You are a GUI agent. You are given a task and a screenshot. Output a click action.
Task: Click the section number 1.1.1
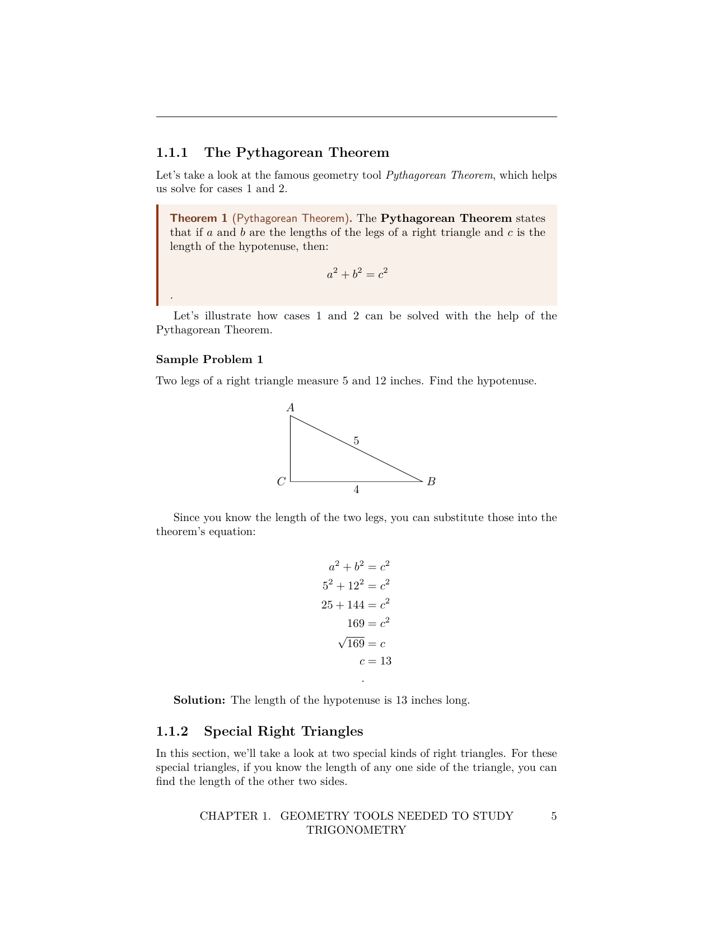172,152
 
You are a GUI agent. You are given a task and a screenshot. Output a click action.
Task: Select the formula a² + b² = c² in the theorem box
357,274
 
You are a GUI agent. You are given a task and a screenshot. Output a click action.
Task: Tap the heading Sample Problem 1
209,359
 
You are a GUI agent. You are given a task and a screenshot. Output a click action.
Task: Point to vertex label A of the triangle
291,407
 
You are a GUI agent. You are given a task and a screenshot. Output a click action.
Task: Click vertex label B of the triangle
431,481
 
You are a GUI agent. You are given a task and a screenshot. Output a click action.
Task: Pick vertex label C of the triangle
281,481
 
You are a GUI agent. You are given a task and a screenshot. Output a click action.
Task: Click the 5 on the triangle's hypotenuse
356,441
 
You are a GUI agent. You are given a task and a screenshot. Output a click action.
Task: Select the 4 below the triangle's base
356,490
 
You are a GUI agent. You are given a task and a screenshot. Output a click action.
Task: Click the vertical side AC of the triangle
291,448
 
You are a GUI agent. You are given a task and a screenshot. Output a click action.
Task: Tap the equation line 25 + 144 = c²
356,605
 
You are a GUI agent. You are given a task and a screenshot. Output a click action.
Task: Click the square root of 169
352,643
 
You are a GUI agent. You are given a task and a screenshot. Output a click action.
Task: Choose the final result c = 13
375,661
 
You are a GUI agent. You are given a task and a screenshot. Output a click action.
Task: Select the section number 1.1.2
172,731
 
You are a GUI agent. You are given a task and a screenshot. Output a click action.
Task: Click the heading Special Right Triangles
283,731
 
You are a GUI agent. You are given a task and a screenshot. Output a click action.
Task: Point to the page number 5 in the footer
554,816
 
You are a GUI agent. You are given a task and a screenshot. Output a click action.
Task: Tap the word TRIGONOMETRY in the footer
356,830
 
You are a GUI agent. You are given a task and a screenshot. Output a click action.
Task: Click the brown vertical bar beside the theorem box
158,255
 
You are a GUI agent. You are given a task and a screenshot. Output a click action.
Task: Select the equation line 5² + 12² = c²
356,585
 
